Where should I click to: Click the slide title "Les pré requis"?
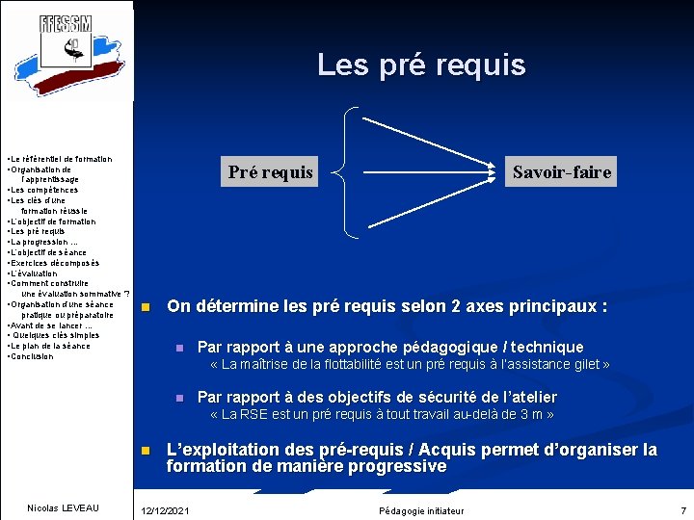tap(421, 65)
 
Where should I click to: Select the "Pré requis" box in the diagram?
tap(270, 172)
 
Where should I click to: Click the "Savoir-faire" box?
tap(561, 172)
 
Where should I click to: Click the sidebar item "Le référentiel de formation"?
tap(61, 159)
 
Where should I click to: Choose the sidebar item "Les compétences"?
tap(46, 190)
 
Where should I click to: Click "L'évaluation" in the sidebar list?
tap(36, 273)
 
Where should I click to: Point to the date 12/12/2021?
tap(165, 509)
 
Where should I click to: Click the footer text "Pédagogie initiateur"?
tap(421, 509)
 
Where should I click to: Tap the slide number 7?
tap(682, 509)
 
